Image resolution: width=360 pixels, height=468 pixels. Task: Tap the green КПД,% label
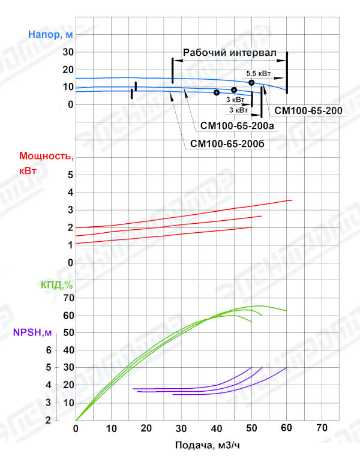[56, 284]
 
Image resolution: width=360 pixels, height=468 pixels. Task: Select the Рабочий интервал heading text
[230, 53]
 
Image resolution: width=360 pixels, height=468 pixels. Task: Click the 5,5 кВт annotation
[259, 73]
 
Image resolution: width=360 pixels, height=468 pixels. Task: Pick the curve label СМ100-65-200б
[227, 144]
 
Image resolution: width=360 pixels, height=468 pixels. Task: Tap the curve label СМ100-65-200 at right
[308, 111]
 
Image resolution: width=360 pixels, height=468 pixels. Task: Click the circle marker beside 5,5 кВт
[252, 82]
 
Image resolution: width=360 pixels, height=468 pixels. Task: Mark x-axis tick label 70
[322, 429]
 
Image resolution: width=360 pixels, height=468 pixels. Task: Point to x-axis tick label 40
[217, 429]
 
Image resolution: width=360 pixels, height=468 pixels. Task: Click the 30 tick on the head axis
[68, 52]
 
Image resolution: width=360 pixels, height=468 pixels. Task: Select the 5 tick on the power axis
[70, 175]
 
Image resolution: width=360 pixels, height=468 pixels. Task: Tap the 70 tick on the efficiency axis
[68, 298]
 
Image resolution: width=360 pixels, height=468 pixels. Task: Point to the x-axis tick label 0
[76, 429]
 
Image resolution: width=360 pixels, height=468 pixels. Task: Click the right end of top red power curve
[292, 200]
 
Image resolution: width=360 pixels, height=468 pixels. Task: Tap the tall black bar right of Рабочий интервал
[287, 72]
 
